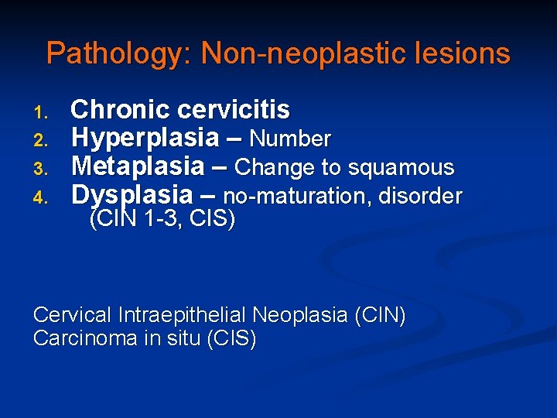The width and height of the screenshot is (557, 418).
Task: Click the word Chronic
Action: [116, 110]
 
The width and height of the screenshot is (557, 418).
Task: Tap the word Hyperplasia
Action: [145, 139]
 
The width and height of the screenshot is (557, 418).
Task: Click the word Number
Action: [290, 139]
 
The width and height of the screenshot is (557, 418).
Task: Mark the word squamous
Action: [412, 168]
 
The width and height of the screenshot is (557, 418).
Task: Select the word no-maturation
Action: [295, 197]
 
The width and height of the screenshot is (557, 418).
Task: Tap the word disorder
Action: [421, 197]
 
